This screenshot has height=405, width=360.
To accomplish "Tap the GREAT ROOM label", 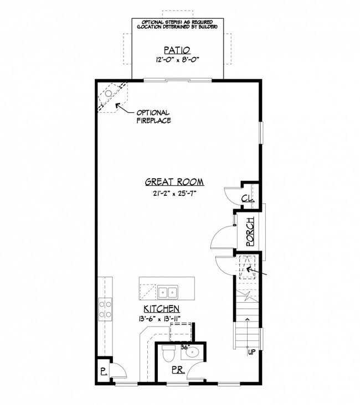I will click(x=174, y=181).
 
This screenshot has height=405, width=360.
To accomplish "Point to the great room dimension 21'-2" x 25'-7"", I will click(x=174, y=193).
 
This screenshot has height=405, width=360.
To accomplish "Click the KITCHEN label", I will click(x=161, y=309).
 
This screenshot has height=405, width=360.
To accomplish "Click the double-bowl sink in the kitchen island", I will click(x=167, y=292).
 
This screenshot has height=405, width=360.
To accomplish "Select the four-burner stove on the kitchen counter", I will click(x=105, y=309).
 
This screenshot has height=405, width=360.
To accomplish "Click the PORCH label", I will click(x=250, y=231).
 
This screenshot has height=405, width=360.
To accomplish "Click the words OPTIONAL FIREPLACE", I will click(x=153, y=117).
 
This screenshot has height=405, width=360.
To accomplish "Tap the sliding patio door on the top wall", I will click(x=177, y=80).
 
